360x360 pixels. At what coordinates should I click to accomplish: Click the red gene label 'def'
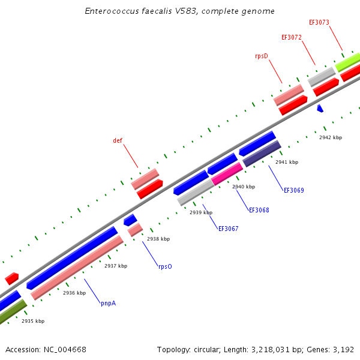tap(118, 141)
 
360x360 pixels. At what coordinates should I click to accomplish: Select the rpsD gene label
tap(261, 56)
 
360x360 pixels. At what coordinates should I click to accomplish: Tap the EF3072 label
tap(292, 37)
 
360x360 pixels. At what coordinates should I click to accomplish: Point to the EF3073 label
tap(319, 23)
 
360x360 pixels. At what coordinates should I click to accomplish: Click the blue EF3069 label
tap(293, 191)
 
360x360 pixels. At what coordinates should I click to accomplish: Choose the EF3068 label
tap(259, 211)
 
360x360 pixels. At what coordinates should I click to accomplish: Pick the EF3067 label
tap(228, 229)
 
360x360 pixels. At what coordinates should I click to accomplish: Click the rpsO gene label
tap(165, 266)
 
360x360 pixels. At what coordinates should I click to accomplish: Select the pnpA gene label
tap(108, 304)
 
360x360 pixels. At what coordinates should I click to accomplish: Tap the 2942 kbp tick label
tap(331, 138)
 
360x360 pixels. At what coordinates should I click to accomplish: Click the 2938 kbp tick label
tap(158, 239)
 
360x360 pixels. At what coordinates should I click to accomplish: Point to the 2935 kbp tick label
tap(33, 322)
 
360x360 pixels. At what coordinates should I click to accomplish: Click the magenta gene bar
tap(227, 173)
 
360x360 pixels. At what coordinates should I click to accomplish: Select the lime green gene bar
tap(348, 62)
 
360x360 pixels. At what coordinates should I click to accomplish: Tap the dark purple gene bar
tap(262, 154)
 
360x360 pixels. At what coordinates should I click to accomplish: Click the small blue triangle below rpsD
tap(320, 109)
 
